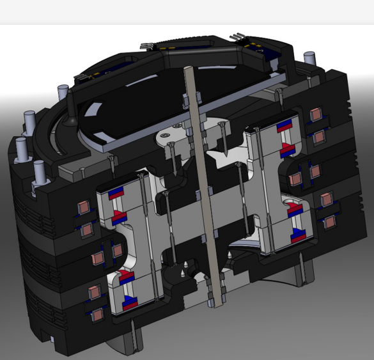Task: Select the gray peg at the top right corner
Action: coord(312,56)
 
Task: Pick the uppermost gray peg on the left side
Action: coord(63,93)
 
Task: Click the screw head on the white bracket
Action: coord(166,135)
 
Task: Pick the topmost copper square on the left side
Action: coord(82,208)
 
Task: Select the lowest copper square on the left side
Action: coord(98,314)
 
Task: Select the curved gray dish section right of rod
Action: coord(246,243)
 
